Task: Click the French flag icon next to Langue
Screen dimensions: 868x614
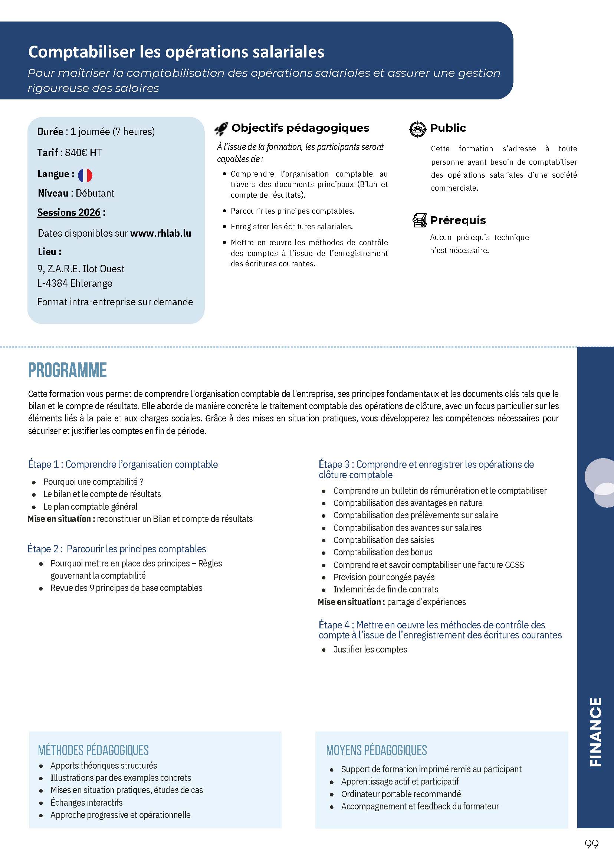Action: pyautogui.click(x=85, y=175)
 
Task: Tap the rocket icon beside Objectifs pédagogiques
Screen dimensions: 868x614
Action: pyautogui.click(x=221, y=129)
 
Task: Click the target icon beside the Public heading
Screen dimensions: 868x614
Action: pyautogui.click(x=418, y=129)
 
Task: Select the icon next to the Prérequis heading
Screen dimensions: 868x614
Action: pyautogui.click(x=419, y=220)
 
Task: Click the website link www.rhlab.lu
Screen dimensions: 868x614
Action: pyautogui.click(x=160, y=233)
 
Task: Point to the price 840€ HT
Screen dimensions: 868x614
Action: pyautogui.click(x=83, y=153)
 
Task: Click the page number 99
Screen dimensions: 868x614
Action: pyautogui.click(x=591, y=844)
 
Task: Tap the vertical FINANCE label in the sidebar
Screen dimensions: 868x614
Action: pyautogui.click(x=595, y=732)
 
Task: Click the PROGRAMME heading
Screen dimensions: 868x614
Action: pyautogui.click(x=67, y=370)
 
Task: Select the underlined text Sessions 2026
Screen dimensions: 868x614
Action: pyautogui.click(x=69, y=213)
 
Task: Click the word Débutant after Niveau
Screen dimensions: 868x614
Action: pyautogui.click(x=95, y=193)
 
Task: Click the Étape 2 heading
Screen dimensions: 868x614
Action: pyautogui.click(x=117, y=549)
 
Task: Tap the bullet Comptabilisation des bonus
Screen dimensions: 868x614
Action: pyautogui.click(x=382, y=552)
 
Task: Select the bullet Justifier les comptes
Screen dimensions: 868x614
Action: pyautogui.click(x=370, y=650)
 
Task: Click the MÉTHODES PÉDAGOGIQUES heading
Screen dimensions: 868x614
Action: pyautogui.click(x=93, y=750)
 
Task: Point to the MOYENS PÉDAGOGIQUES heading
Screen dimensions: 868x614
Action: pyautogui.click(x=376, y=750)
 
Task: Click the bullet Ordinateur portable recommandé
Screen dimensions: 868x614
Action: pyautogui.click(x=401, y=794)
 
